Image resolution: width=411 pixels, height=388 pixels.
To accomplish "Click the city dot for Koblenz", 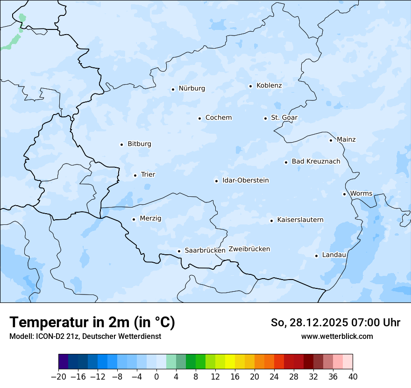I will [x=250, y=86].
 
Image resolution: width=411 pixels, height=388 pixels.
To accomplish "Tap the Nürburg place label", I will [x=191, y=88].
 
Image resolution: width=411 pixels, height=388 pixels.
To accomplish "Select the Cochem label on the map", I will [x=218, y=118].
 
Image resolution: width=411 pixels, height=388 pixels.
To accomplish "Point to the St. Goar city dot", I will [x=265, y=118].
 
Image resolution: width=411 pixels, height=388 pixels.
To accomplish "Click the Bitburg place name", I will [x=139, y=144].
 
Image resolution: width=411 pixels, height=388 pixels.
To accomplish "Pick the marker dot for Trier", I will [x=135, y=175].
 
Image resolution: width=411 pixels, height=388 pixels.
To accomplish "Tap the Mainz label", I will [x=346, y=139].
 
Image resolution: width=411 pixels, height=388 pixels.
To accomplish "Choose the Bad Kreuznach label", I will [x=316, y=162].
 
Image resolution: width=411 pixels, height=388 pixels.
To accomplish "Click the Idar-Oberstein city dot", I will [x=216, y=181].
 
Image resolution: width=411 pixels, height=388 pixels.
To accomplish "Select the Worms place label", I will [x=361, y=194].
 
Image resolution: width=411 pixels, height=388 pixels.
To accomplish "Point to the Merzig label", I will [x=150, y=218].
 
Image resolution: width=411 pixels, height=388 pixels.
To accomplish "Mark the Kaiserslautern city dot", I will [x=271, y=221].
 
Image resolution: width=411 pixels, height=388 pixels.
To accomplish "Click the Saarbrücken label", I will [x=205, y=251].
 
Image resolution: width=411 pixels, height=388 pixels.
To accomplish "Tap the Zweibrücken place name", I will [x=249, y=249].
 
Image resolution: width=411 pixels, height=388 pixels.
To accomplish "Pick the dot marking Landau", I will [x=316, y=256].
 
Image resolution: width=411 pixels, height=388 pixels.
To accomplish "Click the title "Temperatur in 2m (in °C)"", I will [x=92, y=323].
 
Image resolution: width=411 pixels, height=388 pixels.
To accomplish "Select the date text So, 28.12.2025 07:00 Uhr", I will [x=335, y=323].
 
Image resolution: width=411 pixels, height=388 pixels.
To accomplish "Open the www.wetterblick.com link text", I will [x=337, y=336].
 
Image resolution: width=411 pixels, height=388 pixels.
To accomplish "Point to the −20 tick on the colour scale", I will [x=58, y=377].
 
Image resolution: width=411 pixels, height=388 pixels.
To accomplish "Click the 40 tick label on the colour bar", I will [x=353, y=377].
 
